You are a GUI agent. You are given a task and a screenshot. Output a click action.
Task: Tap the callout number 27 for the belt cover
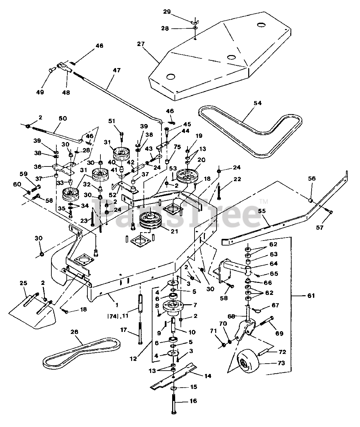[141, 44]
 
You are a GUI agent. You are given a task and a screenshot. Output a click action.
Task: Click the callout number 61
[311, 296]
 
